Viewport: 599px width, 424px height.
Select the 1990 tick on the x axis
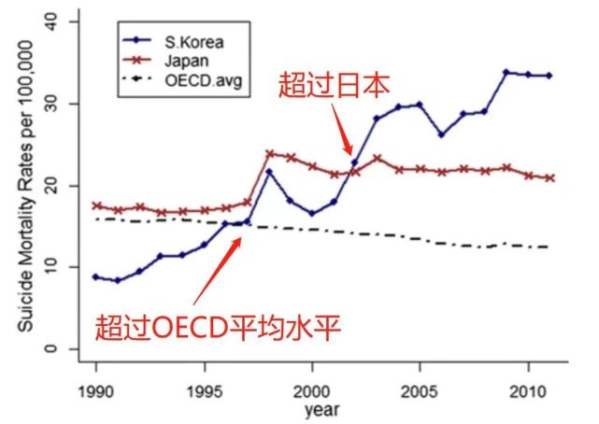(x=95, y=389)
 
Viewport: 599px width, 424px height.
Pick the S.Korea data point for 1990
(x=95, y=277)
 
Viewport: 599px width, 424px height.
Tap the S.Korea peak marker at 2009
(x=506, y=72)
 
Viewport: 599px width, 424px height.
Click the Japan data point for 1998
(x=269, y=153)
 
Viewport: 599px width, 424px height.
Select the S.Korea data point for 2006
(x=441, y=134)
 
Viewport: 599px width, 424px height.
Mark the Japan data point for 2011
(x=549, y=177)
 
